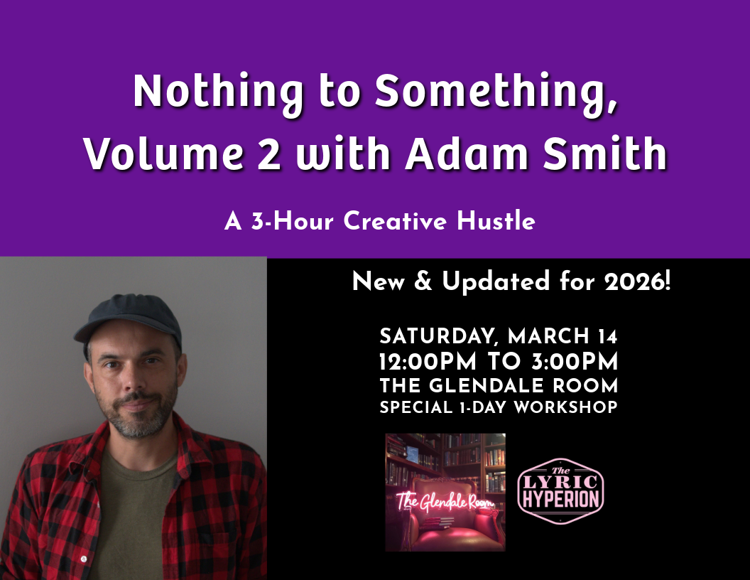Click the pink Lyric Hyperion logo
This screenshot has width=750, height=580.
pyautogui.click(x=560, y=491)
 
